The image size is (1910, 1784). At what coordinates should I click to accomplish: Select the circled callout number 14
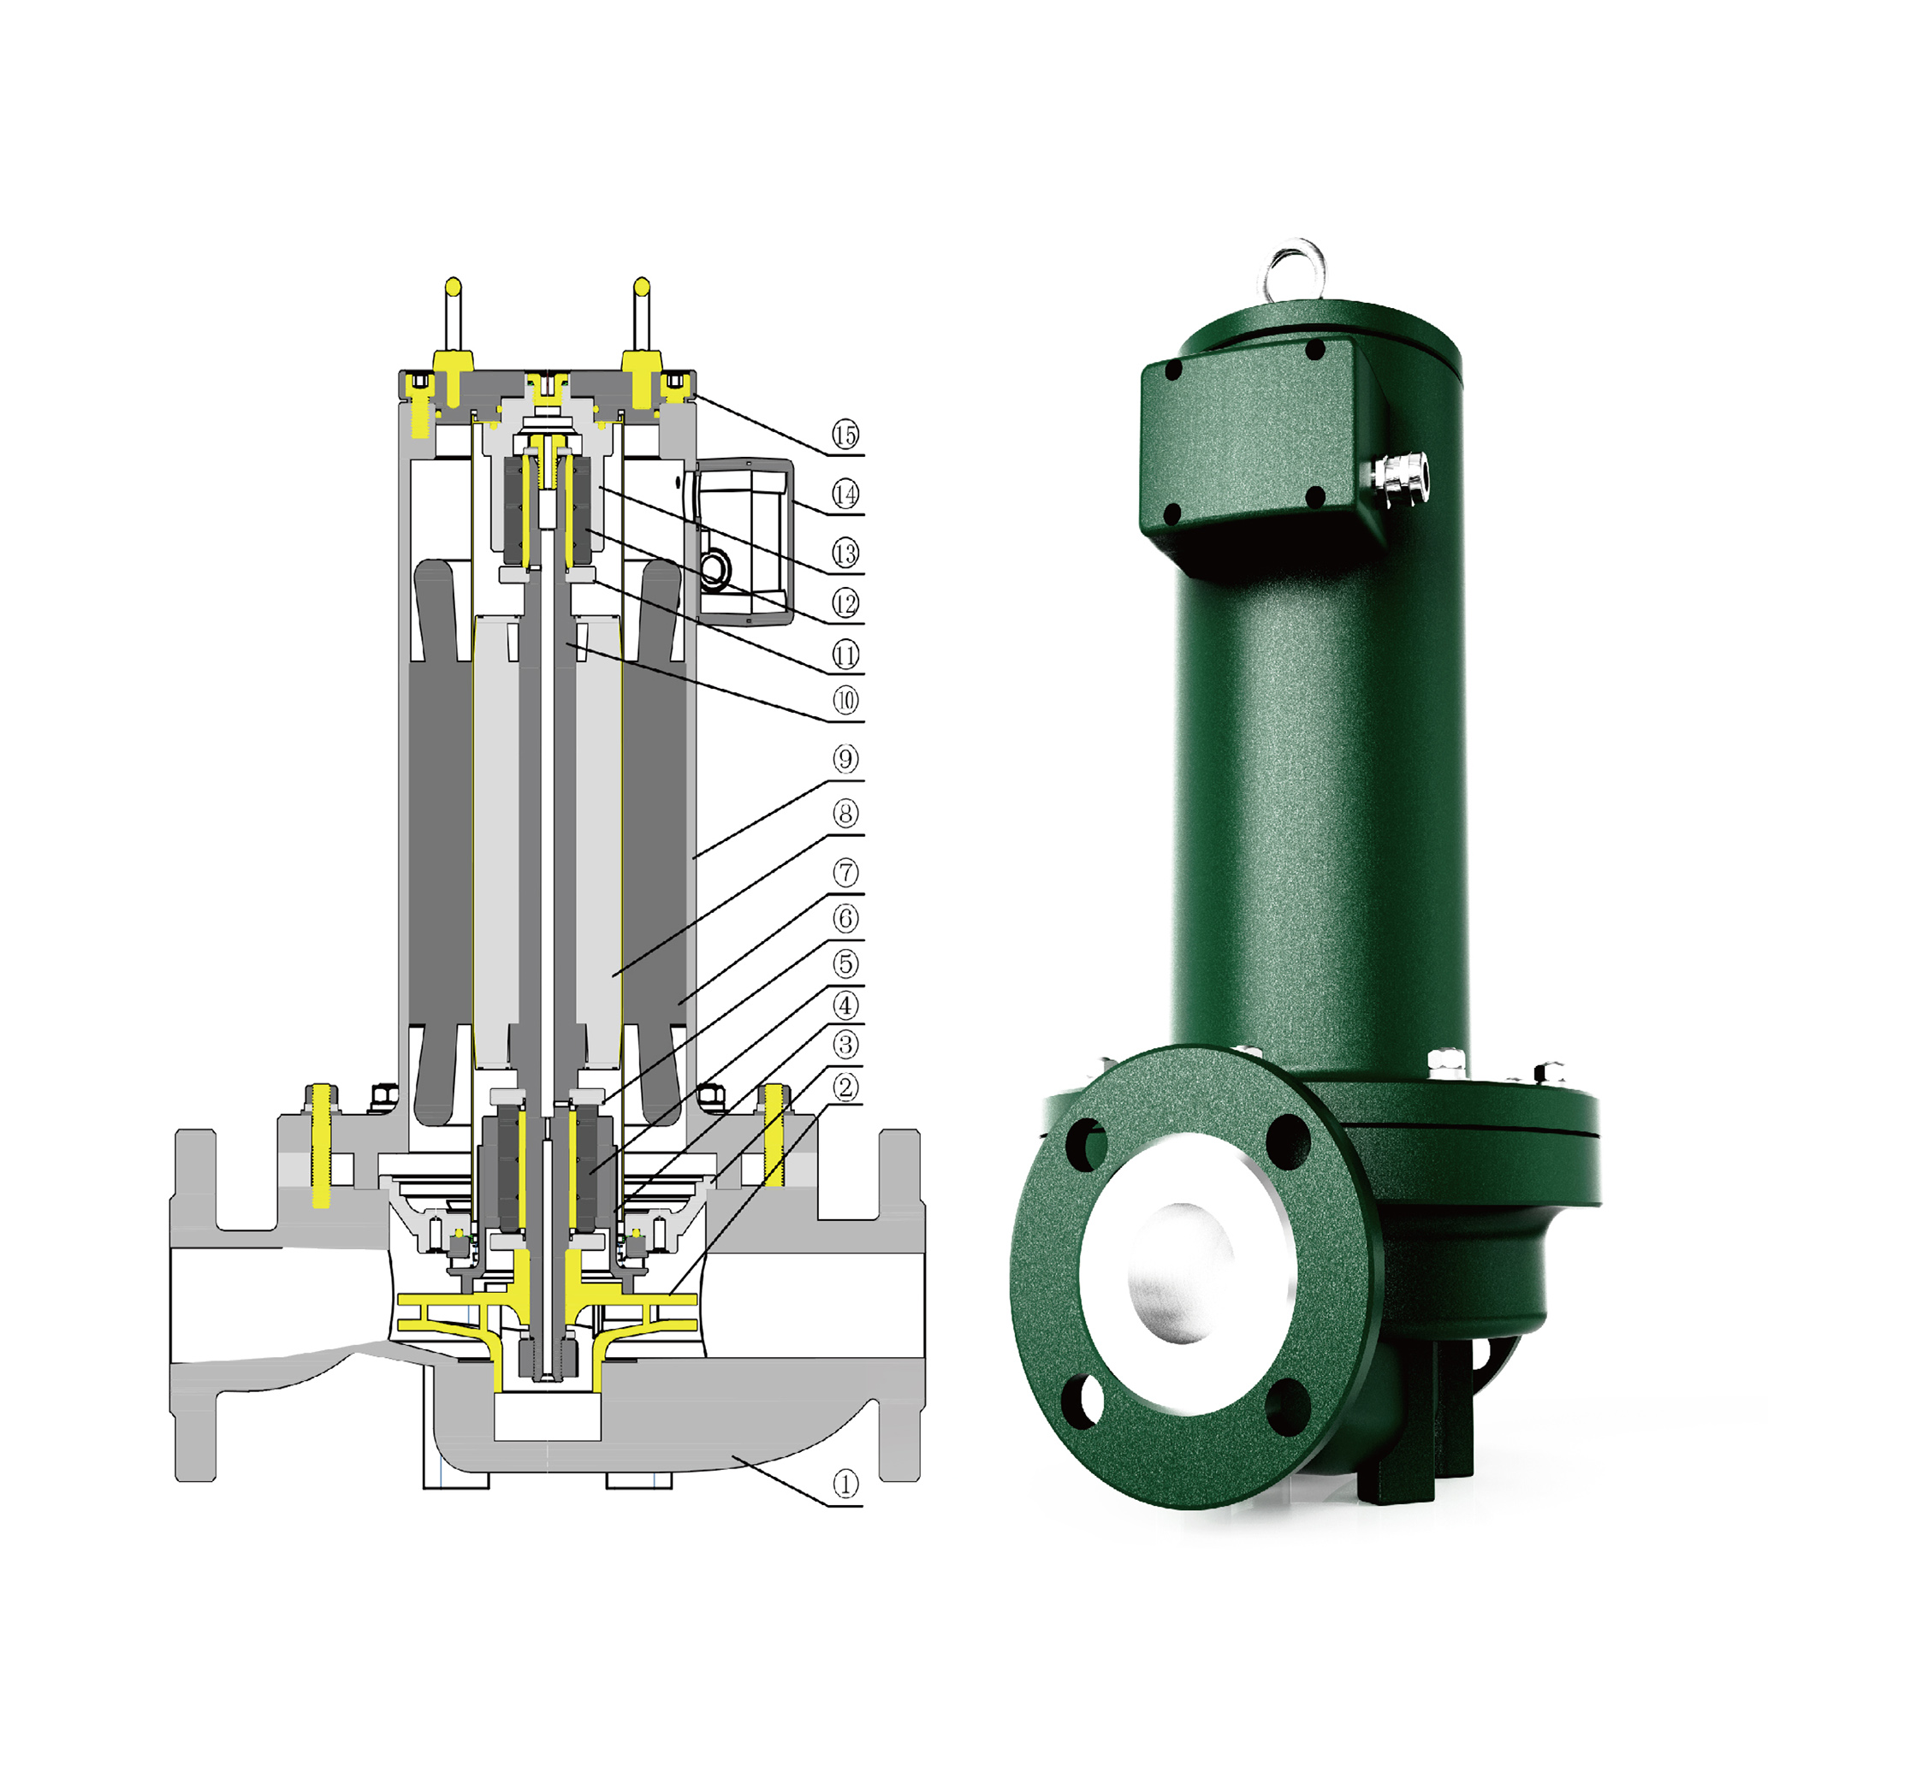[x=845, y=495]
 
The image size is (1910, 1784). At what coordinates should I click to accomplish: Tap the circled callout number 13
[x=845, y=554]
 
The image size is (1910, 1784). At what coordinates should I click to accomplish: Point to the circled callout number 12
[x=845, y=604]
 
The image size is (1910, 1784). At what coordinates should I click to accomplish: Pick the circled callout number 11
[x=845, y=656]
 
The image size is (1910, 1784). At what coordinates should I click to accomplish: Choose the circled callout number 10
[x=845, y=702]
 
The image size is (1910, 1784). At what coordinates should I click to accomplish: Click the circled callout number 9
[x=845, y=760]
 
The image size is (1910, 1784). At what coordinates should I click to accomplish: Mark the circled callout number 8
[x=845, y=815]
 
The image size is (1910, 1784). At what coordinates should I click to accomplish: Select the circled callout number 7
[x=845, y=874]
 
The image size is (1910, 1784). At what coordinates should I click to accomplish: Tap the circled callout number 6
[x=845, y=919]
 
